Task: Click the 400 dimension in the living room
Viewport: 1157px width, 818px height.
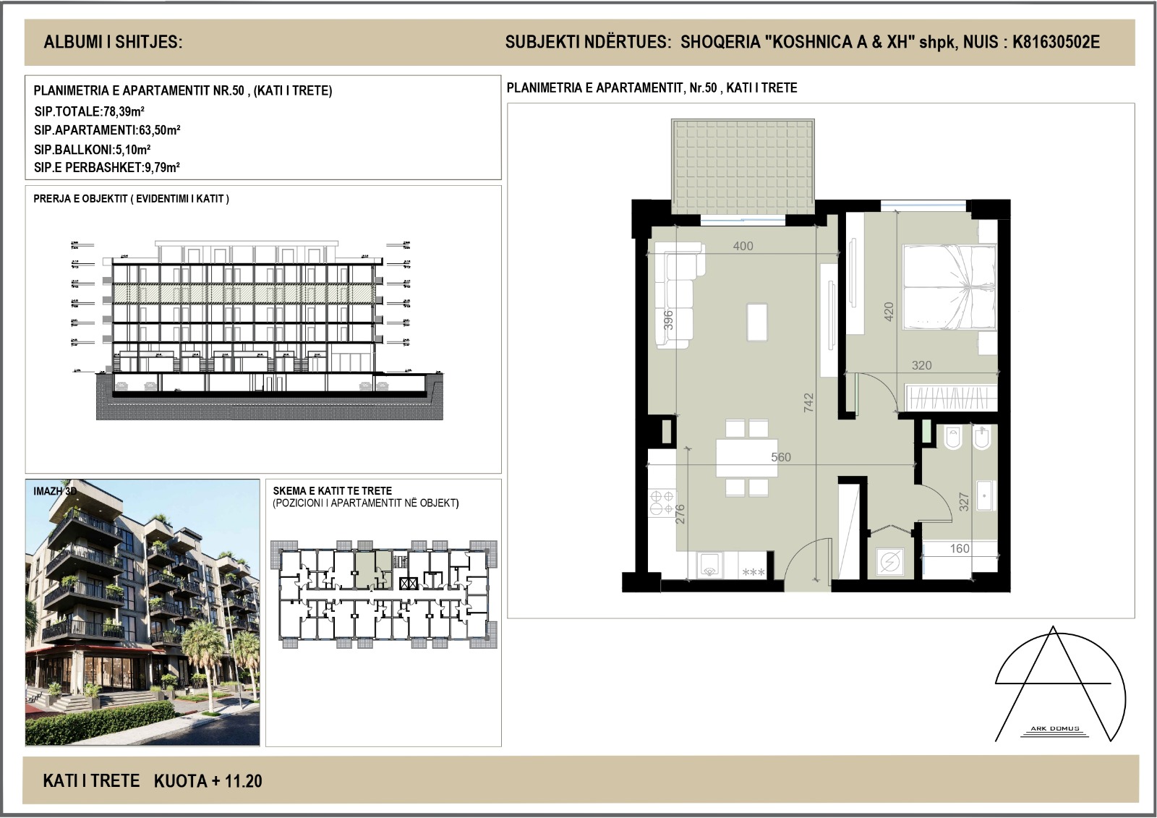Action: [743, 246]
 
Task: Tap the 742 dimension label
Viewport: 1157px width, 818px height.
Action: [808, 402]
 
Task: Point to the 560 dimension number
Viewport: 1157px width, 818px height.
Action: [781, 457]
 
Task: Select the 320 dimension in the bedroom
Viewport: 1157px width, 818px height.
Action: [921, 365]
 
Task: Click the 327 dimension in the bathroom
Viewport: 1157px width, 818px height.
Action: [963, 502]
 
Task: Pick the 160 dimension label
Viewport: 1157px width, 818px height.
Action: [960, 548]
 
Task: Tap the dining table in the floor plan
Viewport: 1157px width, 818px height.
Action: [747, 457]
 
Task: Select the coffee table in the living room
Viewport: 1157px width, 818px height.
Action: [757, 320]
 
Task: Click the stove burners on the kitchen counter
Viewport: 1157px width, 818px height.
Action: [662, 503]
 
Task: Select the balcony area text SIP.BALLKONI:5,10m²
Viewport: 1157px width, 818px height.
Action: [93, 150]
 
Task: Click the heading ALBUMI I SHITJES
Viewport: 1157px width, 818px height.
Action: [114, 42]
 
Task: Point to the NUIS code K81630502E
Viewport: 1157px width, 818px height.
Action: [1056, 42]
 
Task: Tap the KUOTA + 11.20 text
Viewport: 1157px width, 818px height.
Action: [208, 781]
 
